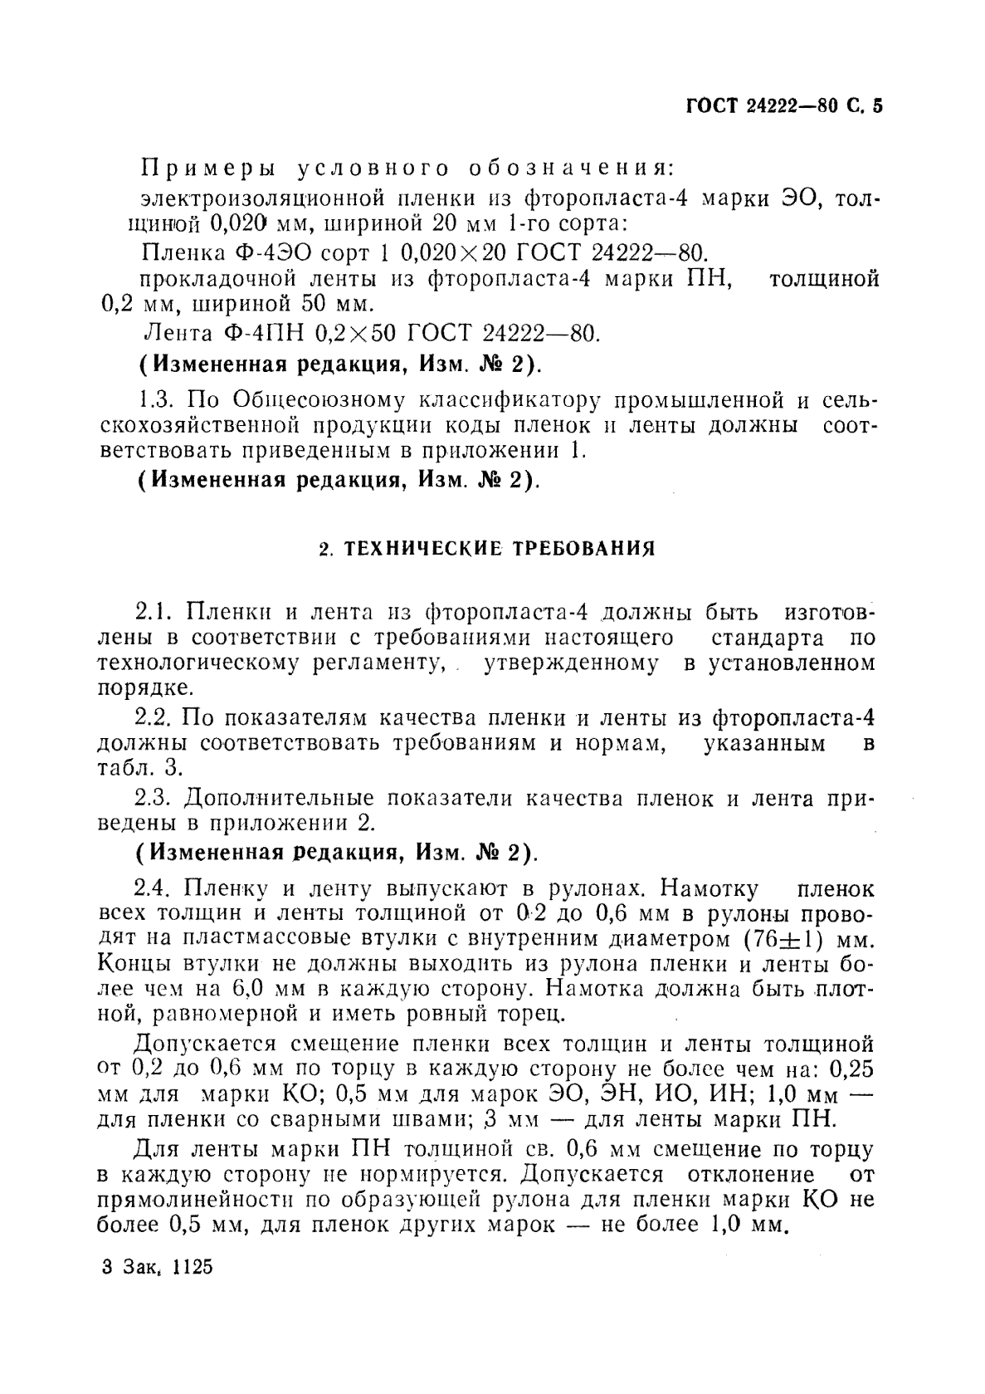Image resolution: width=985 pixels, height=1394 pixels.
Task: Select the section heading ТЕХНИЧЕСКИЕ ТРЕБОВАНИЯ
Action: point(488,549)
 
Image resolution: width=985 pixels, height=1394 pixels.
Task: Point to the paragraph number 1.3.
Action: point(156,400)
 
